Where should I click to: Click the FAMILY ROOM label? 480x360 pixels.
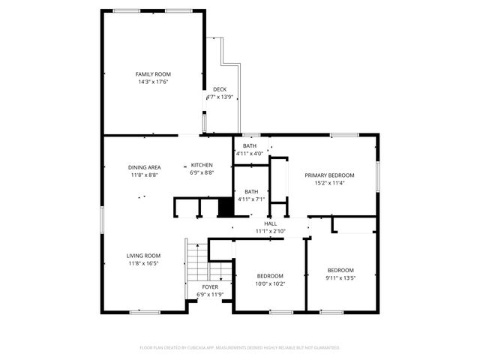(153, 74)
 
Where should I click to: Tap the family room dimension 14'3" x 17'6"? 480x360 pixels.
(153, 82)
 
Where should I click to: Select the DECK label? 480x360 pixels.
(220, 89)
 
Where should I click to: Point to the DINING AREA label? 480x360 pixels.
(144, 167)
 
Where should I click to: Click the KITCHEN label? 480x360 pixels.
(202, 165)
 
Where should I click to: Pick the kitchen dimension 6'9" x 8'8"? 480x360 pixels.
(202, 172)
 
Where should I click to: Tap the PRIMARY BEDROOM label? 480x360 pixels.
(329, 175)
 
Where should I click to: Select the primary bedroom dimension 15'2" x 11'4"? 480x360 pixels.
(329, 182)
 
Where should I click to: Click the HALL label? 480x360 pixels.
(271, 223)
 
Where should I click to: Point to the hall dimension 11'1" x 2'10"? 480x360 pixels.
(271, 231)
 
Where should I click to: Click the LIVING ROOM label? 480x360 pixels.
(143, 256)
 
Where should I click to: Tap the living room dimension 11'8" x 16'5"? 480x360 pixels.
(143, 263)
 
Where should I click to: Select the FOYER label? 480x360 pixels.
(210, 287)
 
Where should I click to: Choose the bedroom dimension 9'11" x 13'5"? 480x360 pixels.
(340, 277)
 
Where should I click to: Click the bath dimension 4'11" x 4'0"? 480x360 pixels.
(249, 154)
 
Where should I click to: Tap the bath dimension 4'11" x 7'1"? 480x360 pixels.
(250, 199)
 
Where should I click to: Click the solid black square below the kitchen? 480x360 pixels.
(224, 207)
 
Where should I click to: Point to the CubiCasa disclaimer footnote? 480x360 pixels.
(240, 348)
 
